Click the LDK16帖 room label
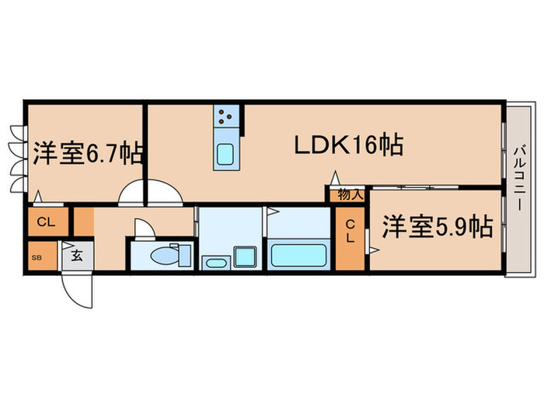[x=347, y=145]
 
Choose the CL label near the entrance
[x=46, y=222]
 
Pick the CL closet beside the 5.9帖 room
[x=350, y=231]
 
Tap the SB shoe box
[x=36, y=256]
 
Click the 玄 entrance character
[x=77, y=255]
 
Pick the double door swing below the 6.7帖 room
[x=149, y=192]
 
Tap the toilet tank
[x=183, y=254]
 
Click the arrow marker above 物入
[x=336, y=187]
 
